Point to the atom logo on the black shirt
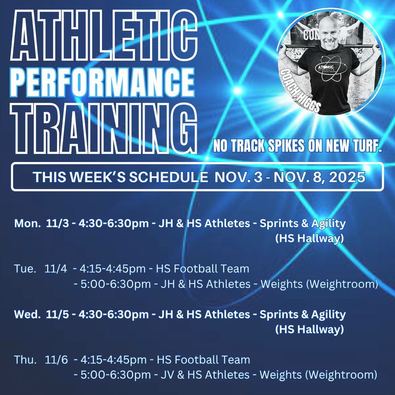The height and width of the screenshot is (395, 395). (330, 69)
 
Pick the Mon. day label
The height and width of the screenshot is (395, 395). (27, 223)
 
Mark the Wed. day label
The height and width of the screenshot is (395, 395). (27, 314)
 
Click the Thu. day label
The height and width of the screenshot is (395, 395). (25, 360)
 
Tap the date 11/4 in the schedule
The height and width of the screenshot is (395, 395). (56, 269)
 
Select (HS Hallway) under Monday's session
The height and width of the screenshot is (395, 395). (309, 239)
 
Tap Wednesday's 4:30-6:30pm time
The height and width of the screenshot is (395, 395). (113, 314)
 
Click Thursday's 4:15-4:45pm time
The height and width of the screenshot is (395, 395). (113, 360)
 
